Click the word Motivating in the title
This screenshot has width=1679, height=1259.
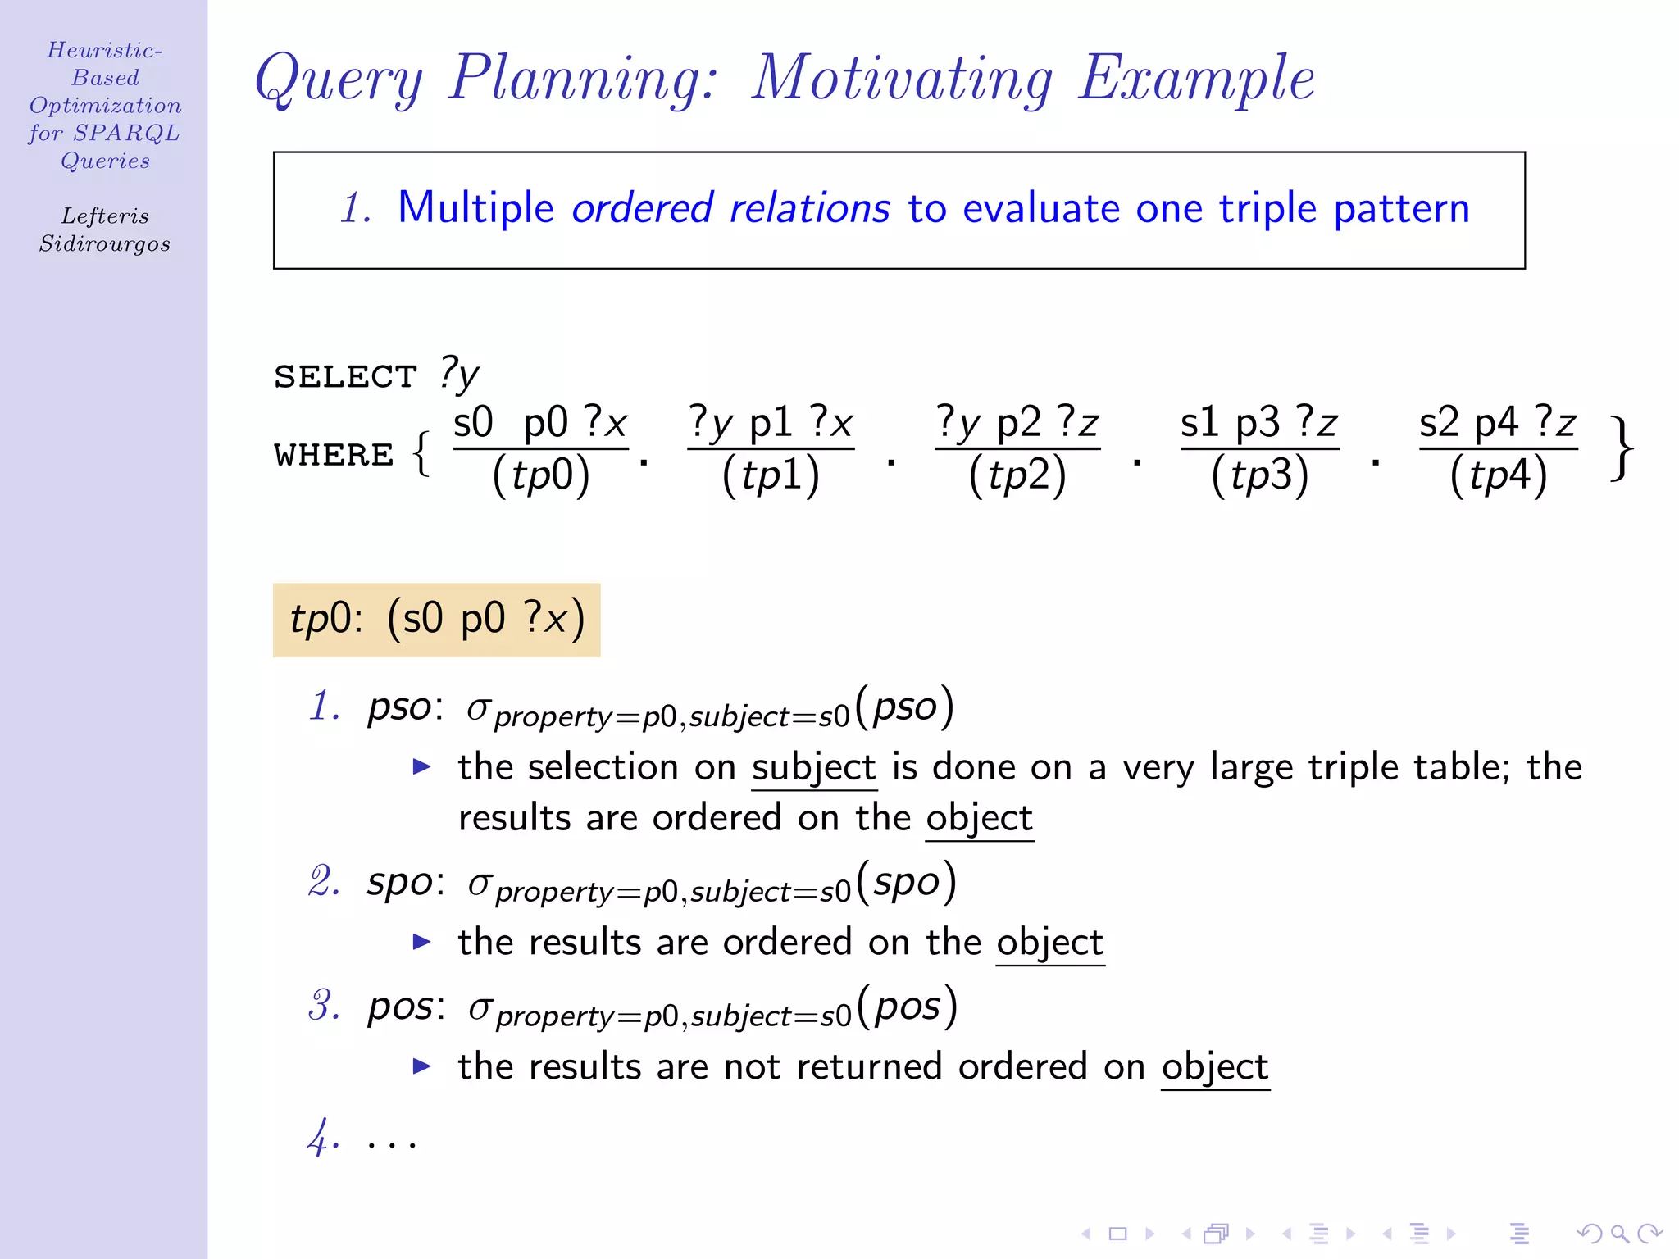902,80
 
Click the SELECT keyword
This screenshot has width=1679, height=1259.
345,377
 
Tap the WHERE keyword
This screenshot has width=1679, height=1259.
334,455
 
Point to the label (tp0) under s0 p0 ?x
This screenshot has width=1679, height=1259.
540,475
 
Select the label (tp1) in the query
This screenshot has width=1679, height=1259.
771,475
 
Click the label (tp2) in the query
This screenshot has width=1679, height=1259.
1017,475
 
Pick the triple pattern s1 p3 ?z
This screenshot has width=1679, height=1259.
1258,424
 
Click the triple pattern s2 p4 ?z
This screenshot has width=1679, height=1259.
1498,424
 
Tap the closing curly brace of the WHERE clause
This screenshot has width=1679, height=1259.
1622,449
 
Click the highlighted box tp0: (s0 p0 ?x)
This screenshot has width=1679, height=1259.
436,620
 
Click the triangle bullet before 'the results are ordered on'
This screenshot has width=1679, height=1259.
421,942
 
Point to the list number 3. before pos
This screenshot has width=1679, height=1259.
324,1006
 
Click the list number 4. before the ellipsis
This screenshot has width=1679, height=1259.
323,1138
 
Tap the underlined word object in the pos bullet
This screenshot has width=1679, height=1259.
1215,1068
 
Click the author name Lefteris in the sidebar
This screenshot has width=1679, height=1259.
105,216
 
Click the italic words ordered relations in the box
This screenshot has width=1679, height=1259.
730,208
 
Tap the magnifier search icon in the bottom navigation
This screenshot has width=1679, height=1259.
1619,1234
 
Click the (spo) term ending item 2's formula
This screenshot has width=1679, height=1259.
906,883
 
